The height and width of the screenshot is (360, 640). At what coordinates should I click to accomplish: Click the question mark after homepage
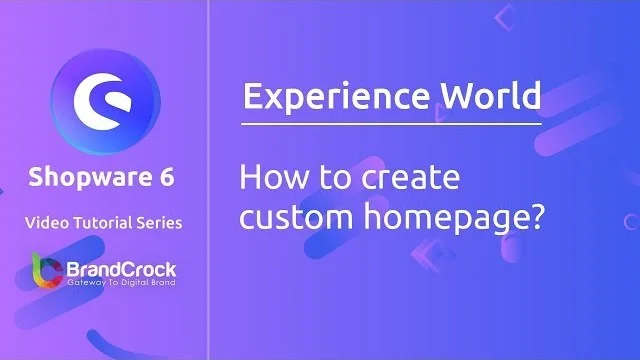pos(535,218)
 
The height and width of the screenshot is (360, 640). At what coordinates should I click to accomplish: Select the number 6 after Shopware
pos(166,178)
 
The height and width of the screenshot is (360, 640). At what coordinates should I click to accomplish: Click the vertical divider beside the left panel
pos(208,180)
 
